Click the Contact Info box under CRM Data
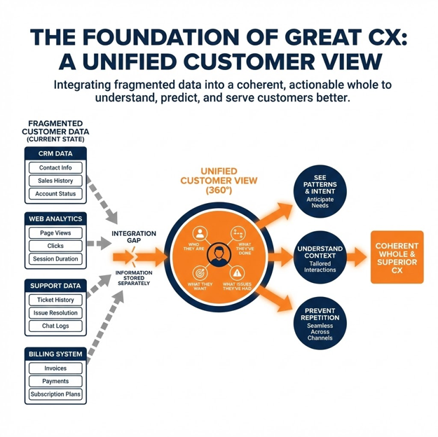[x=55, y=168]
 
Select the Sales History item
[x=55, y=181]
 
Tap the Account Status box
[x=55, y=194]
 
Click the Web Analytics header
[x=55, y=219]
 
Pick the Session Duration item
[x=55, y=259]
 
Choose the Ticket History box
[x=55, y=300]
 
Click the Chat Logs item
[x=55, y=326]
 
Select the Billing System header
[x=55, y=354]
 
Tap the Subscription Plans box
[x=55, y=394]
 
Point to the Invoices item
[x=55, y=368]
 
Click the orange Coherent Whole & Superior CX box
[x=397, y=258]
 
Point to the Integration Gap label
[x=133, y=237]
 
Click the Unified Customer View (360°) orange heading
[x=219, y=181]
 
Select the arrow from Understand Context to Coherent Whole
[x=357, y=257]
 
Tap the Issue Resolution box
[x=55, y=313]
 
